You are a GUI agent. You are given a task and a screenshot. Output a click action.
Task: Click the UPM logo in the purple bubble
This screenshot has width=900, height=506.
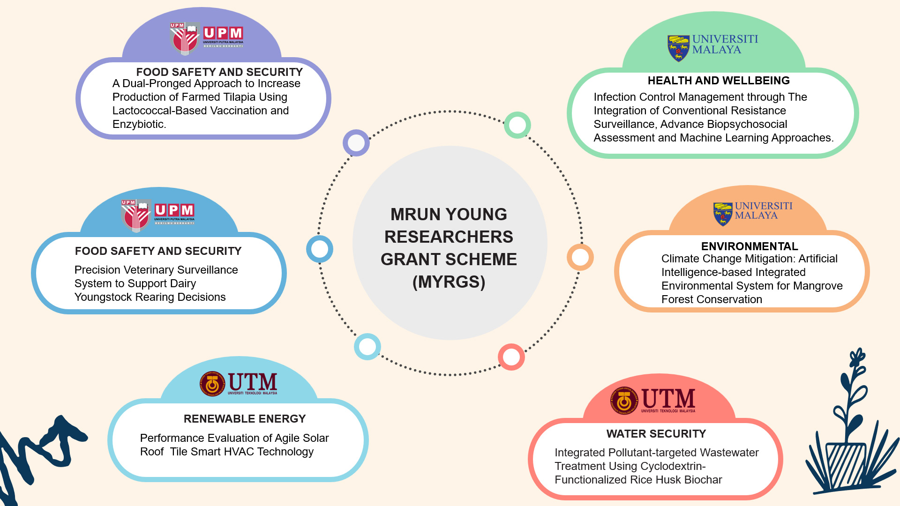point(207,38)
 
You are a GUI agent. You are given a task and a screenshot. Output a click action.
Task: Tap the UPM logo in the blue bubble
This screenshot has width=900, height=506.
point(158,216)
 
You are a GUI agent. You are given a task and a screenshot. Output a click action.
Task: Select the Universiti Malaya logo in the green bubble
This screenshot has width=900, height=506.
point(712,47)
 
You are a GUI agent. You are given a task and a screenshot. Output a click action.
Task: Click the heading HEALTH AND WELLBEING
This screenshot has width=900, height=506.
point(719,81)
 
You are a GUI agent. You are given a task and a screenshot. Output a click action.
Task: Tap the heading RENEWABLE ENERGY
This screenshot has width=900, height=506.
point(245,419)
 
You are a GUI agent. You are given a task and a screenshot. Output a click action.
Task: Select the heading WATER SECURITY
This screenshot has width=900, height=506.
point(656,434)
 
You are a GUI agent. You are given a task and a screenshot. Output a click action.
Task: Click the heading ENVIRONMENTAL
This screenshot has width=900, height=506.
point(750,246)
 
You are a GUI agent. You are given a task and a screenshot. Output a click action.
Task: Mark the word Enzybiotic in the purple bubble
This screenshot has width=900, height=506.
point(138,124)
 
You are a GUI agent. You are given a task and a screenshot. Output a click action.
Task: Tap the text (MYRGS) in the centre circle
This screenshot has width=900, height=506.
point(449,282)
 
